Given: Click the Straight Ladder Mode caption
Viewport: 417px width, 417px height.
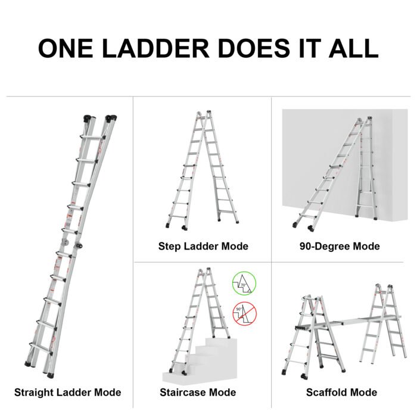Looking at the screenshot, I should [x=67, y=392].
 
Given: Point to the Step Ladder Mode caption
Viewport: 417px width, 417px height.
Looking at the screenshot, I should [x=203, y=246].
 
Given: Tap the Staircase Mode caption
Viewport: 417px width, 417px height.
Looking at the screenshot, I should [x=198, y=392].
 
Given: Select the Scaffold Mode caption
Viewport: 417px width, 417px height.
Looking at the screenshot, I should [x=341, y=392].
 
